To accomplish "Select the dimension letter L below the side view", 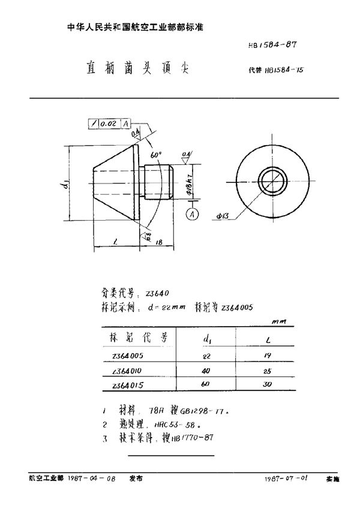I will (114, 243).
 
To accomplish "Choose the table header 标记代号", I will (135, 338).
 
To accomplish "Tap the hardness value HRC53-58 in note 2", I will (172, 424).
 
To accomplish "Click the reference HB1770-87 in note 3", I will (192, 438).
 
